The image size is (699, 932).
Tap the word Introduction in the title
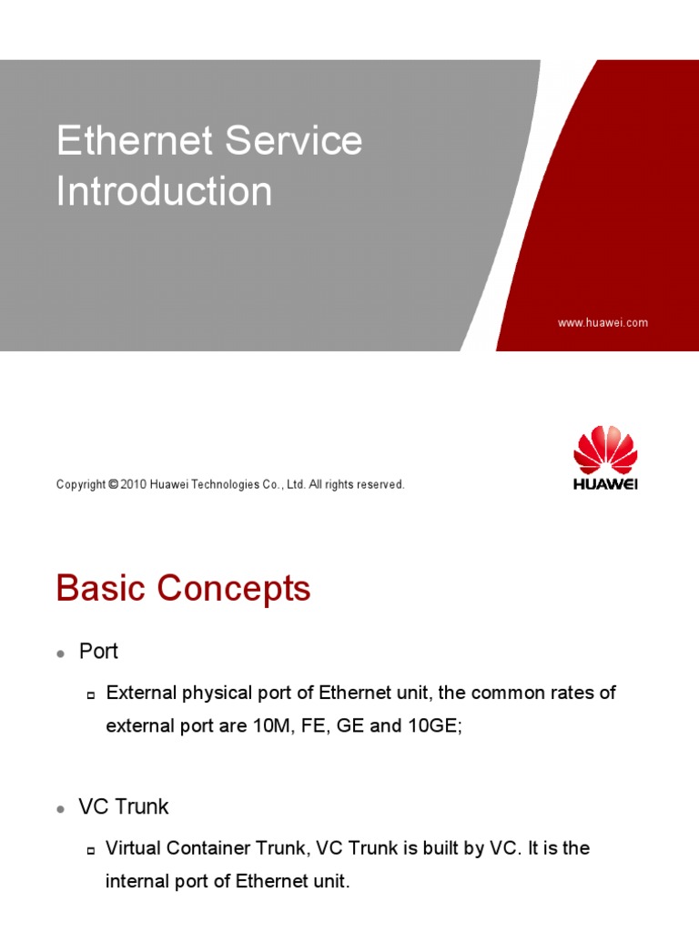(164, 192)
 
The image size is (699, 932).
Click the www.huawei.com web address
(603, 323)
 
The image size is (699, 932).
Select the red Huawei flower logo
(605, 451)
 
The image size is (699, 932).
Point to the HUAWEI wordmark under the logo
(605, 485)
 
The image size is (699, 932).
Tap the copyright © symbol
(113, 485)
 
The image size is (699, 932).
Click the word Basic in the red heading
(100, 590)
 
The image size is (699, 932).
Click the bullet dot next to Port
(60, 654)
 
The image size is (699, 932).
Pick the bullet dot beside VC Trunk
(60, 809)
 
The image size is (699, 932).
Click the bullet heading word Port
(98, 652)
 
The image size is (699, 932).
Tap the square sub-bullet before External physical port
(91, 695)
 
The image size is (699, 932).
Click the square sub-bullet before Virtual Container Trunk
(91, 850)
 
